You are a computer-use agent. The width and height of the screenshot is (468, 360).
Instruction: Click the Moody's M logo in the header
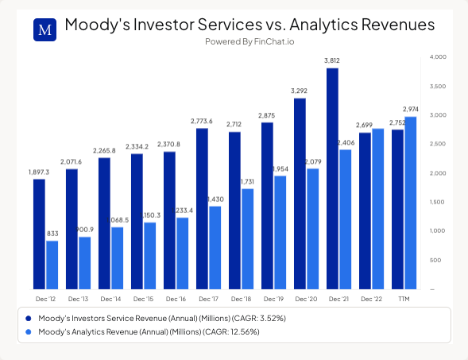[x=45, y=29]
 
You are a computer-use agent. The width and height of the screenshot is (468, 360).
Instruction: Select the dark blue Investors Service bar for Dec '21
[x=332, y=179]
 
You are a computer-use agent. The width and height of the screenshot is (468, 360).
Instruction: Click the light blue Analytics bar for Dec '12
[x=52, y=265]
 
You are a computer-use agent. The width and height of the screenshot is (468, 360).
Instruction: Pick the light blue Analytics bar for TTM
[x=410, y=203]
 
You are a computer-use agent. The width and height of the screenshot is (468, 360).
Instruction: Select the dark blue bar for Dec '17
[x=202, y=208]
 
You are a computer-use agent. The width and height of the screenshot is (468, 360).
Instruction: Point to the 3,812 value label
[x=332, y=60]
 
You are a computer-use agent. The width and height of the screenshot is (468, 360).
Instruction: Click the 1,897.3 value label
[x=39, y=172]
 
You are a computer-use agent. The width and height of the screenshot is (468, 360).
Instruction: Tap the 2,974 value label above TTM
[x=411, y=109]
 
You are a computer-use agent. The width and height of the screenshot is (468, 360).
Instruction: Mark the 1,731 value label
[x=247, y=181]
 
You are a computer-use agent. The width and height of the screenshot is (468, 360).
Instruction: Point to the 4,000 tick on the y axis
[x=438, y=57]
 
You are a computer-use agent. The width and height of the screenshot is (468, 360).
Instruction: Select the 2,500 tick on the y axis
[x=438, y=144]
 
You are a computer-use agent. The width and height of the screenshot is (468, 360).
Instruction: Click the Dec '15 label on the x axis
[x=143, y=299]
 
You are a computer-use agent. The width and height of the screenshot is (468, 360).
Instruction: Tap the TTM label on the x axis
[x=404, y=299]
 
